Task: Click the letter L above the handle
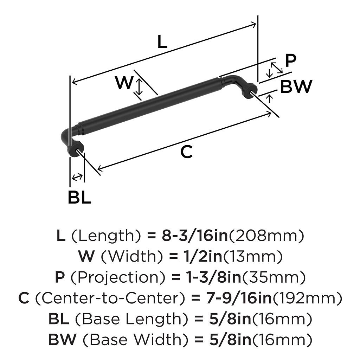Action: pyautogui.click(x=162, y=42)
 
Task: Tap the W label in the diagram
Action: pyautogui.click(x=124, y=83)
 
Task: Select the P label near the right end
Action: pyautogui.click(x=290, y=60)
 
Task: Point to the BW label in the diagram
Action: pyautogui.click(x=296, y=86)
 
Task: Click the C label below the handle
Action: pyautogui.click(x=186, y=152)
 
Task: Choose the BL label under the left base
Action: pyautogui.click(x=79, y=198)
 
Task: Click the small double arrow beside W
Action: pyautogui.click(x=139, y=87)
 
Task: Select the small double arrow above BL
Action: pyautogui.click(x=77, y=177)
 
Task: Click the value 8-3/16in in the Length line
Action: pyautogui.click(x=195, y=236)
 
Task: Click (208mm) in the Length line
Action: pyautogui.click(x=266, y=236)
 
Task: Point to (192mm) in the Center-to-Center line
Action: pyautogui.click(x=308, y=298)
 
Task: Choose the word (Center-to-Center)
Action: pyautogui.click(x=110, y=298)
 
